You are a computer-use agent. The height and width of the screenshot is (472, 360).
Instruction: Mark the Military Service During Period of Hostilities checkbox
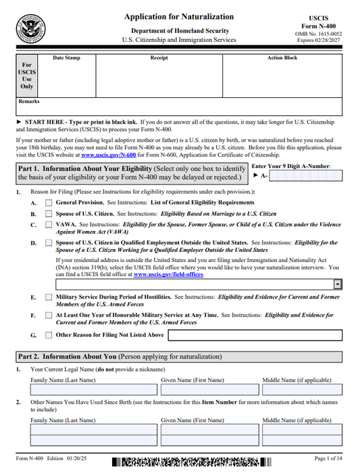[49, 297]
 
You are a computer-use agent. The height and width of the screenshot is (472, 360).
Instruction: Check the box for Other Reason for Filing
[49, 334]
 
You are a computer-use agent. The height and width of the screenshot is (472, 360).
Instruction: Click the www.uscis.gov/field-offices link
[168, 275]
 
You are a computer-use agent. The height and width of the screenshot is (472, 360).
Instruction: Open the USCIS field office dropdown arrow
[337, 285]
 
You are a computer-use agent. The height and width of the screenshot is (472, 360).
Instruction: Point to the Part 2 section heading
[119, 357]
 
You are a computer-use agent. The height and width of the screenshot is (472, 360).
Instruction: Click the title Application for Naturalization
[179, 17]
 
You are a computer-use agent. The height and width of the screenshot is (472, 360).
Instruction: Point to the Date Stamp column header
[66, 58]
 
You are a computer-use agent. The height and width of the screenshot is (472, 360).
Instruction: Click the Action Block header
[282, 58]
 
